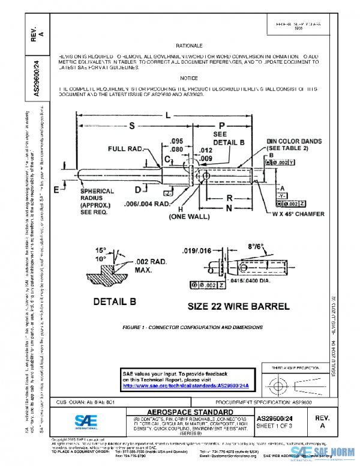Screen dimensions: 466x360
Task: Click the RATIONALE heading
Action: pos(190,46)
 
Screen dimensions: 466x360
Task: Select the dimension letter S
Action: pos(130,126)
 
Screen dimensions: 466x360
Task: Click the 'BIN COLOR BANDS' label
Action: pos(295,142)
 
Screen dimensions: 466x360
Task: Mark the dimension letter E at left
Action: pos(56,190)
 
